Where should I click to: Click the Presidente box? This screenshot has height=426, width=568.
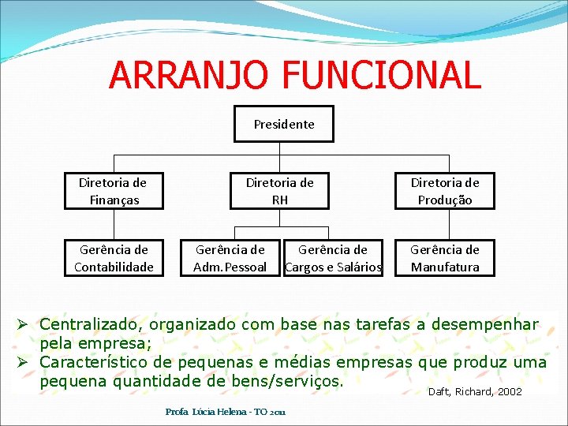coord(284,124)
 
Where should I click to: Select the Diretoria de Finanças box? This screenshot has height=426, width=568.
coord(114,191)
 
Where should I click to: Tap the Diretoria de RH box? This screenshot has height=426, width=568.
coord(280,191)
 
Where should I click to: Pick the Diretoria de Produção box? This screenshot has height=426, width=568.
coord(445,191)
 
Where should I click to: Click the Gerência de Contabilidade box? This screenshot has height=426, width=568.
coord(114,258)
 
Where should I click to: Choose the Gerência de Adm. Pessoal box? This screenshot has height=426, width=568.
coord(230,258)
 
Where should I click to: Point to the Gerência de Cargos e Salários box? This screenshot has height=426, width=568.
coord(333,258)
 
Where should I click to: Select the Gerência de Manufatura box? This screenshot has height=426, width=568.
coord(445,258)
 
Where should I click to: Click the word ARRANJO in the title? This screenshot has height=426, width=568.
coord(189,75)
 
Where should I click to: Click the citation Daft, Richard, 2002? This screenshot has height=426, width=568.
coord(474,392)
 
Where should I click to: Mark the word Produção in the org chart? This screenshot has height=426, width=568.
coord(445,200)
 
